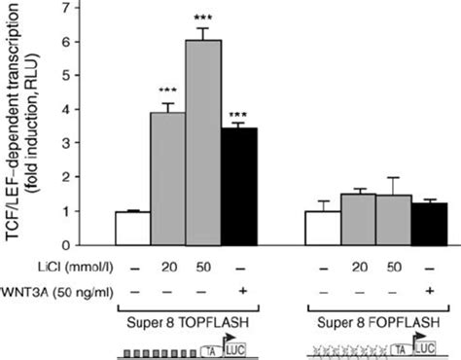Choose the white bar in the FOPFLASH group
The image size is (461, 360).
pos(322,228)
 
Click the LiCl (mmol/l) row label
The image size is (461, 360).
pos(49,266)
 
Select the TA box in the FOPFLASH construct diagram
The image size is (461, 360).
pos(402,344)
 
